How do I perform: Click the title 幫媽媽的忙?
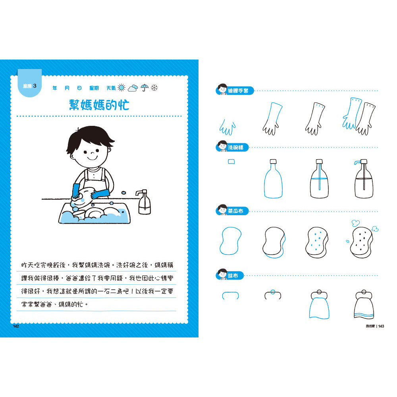[x=99, y=105]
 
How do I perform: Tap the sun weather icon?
[x=121, y=88]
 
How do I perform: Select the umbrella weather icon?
[x=145, y=88]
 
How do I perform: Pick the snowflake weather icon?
[x=154, y=88]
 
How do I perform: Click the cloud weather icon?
[x=133, y=88]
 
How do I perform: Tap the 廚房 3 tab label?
[x=30, y=86]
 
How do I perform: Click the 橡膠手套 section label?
[x=238, y=91]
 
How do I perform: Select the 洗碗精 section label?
[x=235, y=147]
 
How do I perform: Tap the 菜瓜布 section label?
[x=235, y=211]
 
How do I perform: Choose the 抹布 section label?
[x=233, y=276]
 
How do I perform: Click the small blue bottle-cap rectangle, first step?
[x=231, y=162]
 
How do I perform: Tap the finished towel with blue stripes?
[x=364, y=304]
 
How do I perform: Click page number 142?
[x=16, y=326]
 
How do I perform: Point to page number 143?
[x=381, y=326]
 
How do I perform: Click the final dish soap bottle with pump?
[x=363, y=179]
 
